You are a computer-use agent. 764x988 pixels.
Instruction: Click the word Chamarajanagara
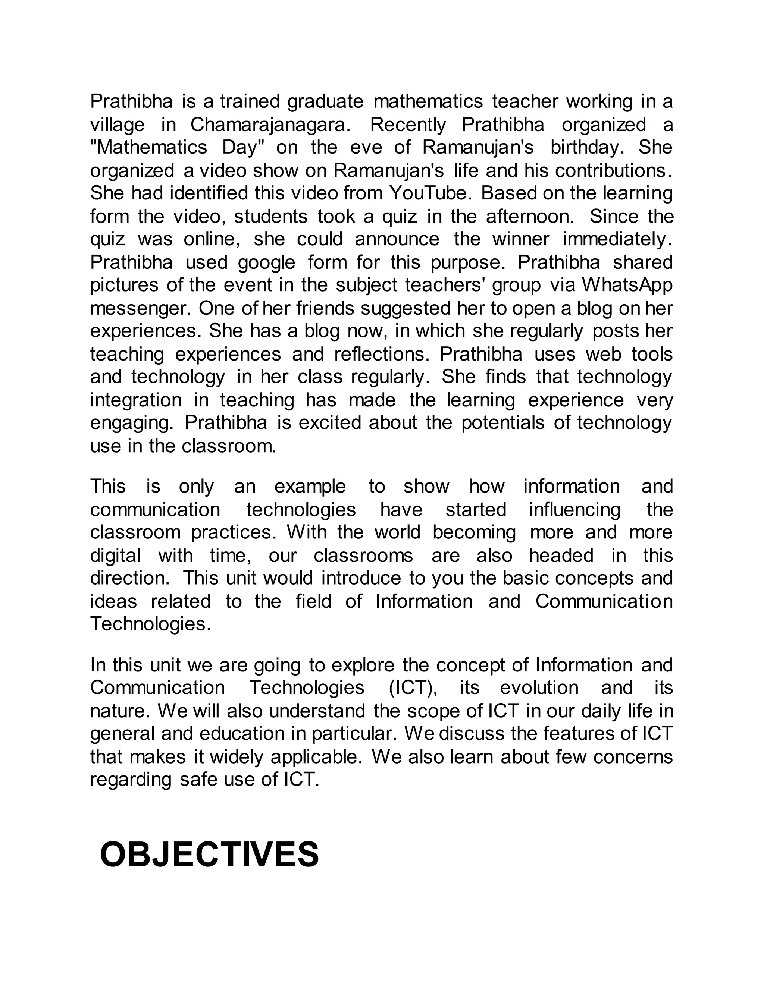[270, 125]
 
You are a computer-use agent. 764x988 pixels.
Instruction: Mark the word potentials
[503, 423]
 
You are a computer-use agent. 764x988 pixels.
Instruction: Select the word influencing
[575, 510]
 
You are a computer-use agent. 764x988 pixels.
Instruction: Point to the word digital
[115, 556]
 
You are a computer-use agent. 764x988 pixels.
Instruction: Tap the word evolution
[539, 687]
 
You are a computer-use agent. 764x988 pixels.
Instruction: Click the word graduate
[325, 101]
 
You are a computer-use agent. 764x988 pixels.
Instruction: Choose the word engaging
[132, 424]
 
